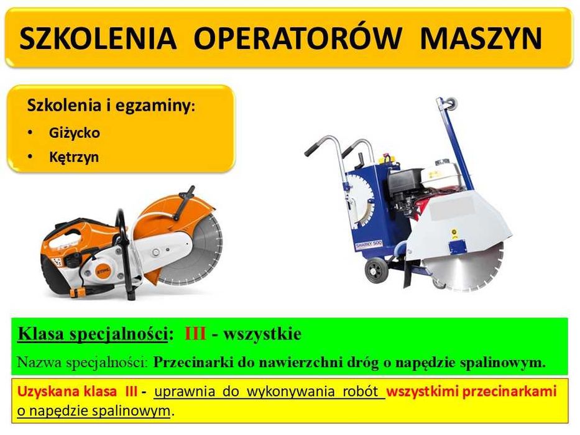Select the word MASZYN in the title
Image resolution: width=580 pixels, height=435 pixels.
click(x=481, y=39)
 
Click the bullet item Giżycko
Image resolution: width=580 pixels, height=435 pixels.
click(x=74, y=133)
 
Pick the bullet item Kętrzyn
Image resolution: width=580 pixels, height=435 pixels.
click(x=73, y=157)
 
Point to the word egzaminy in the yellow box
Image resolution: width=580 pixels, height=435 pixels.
click(x=159, y=106)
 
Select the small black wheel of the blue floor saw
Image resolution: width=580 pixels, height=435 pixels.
click(x=375, y=272)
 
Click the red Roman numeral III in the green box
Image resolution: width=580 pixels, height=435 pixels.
click(x=195, y=334)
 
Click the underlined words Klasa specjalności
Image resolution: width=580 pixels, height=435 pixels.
click(x=93, y=334)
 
